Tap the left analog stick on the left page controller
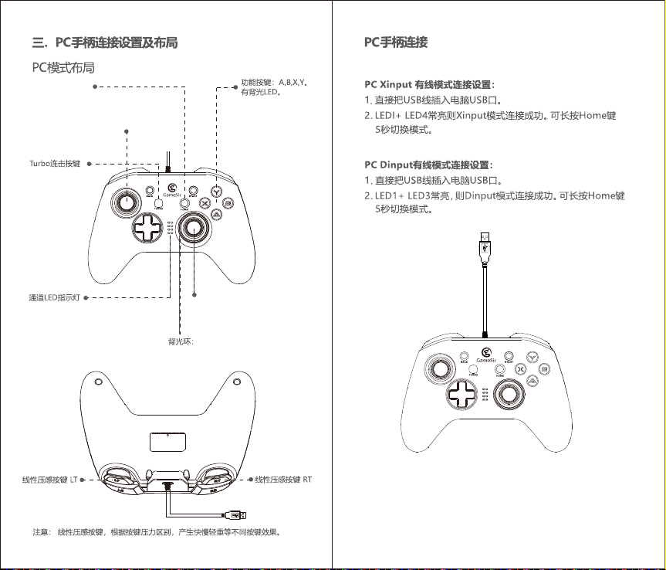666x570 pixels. click(125, 202)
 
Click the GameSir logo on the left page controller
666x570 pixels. click(172, 187)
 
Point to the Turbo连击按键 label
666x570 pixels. click(54, 164)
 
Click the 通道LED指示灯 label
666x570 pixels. click(49, 297)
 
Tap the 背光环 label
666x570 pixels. click(180, 340)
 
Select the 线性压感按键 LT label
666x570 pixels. click(49, 480)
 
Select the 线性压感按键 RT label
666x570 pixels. click(284, 480)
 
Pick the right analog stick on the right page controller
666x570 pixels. click(510, 395)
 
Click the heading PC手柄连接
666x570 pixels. click(396, 42)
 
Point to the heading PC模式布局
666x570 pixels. click(63, 68)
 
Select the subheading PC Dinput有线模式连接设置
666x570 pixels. click(428, 165)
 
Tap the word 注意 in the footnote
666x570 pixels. click(41, 532)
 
